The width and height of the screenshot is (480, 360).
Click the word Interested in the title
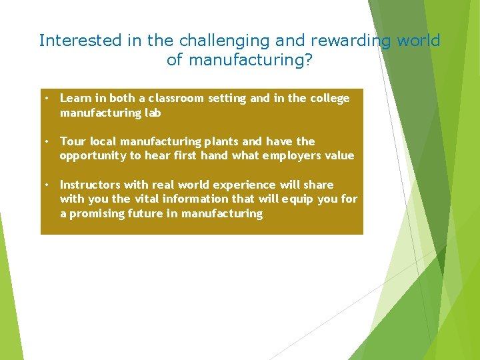80,41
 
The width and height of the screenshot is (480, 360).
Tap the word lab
153,113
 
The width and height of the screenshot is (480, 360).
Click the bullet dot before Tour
47,141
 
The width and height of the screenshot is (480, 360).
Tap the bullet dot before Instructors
47,185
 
